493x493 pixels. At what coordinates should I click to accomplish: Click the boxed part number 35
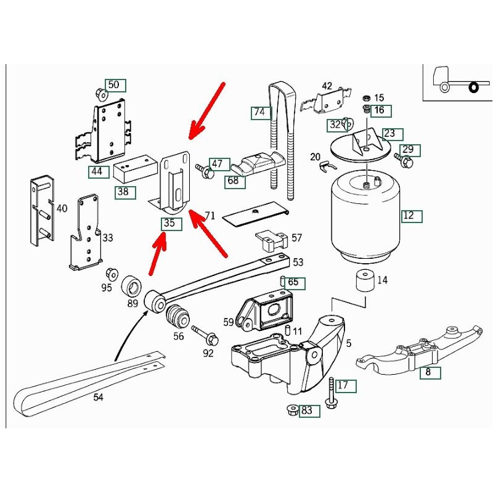[x=171, y=224]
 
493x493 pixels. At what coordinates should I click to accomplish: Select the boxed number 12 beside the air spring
[x=410, y=216]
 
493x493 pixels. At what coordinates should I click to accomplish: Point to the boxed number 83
[x=309, y=410]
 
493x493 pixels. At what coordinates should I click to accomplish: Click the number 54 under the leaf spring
[x=99, y=398]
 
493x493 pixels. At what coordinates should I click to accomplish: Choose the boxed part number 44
[x=97, y=171]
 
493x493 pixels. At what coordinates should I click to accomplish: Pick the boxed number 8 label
[x=428, y=372]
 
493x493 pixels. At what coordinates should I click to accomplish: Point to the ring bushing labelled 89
[x=132, y=286]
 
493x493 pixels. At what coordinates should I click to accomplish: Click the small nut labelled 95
[x=112, y=273]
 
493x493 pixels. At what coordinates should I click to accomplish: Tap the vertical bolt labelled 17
[x=331, y=393]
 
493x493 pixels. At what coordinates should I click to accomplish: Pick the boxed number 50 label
[x=115, y=85]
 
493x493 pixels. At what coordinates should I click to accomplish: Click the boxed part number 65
[x=293, y=283]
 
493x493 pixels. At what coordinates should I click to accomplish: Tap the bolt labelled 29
[x=405, y=161]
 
